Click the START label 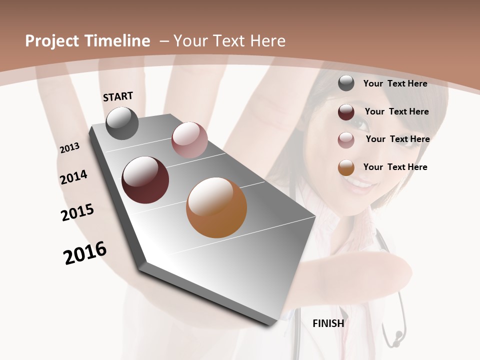pyautogui.click(x=118, y=96)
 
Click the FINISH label pyautogui.click(x=328, y=323)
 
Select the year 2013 pyautogui.click(x=70, y=148)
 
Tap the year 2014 pyautogui.click(x=73, y=177)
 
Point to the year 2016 pyautogui.click(x=85, y=253)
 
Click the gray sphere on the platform pyautogui.click(x=122, y=123)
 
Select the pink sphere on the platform pyautogui.click(x=189, y=140)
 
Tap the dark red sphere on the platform pyautogui.click(x=145, y=180)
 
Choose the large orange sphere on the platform pyautogui.click(x=216, y=207)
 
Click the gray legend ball pyautogui.click(x=346, y=83)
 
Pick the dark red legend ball pyautogui.click(x=346, y=112)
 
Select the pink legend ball pyautogui.click(x=346, y=140)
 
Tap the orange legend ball pyautogui.click(x=346, y=167)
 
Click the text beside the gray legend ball pyautogui.click(x=395, y=83)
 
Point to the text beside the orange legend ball pyautogui.click(x=395, y=167)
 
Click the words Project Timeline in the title pyautogui.click(x=87, y=41)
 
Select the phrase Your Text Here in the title pyautogui.click(x=229, y=41)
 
